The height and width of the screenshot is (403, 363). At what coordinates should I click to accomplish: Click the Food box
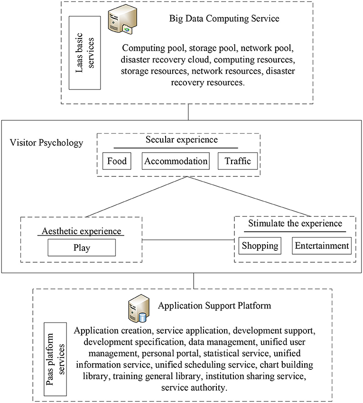117,161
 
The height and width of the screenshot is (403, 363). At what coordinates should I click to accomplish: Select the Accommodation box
176,161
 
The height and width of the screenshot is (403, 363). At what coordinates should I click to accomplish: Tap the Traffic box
238,161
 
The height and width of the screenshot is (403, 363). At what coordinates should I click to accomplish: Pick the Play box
82,248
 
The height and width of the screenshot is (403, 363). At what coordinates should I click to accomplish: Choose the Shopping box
260,246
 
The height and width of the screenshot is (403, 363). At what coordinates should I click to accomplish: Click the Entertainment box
322,246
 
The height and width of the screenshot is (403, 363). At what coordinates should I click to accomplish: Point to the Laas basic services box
84,53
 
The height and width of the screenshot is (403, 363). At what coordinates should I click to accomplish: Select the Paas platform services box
56,359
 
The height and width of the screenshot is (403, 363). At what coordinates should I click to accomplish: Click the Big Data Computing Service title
224,18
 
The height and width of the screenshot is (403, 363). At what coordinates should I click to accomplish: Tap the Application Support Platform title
214,306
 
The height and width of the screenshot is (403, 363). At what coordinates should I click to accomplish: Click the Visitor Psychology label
47,143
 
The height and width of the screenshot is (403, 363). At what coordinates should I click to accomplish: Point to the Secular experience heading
182,139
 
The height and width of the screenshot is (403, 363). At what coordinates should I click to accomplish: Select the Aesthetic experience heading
81,231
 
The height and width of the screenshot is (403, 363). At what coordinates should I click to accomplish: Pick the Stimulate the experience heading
295,223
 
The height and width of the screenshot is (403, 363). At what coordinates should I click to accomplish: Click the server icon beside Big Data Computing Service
122,19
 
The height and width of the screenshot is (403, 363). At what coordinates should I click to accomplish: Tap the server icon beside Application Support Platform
139,309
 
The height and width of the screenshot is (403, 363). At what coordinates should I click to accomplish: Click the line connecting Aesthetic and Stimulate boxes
188,240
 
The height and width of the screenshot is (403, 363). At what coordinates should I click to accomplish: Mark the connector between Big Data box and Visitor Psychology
188,112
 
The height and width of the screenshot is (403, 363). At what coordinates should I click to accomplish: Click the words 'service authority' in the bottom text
194,387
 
